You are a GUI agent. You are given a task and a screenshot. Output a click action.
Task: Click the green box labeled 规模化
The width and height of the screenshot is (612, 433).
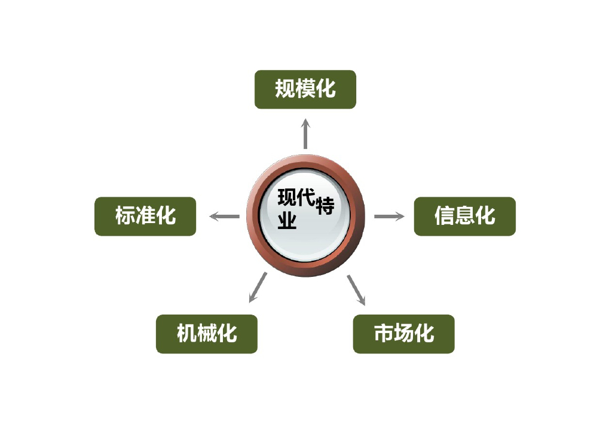tap(305, 90)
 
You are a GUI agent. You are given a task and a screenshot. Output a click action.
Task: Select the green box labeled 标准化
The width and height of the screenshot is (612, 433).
tap(145, 216)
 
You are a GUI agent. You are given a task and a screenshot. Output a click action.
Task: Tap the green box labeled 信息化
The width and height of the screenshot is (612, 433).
tap(464, 216)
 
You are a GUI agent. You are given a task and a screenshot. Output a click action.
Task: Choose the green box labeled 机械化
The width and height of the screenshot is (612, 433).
tap(207, 334)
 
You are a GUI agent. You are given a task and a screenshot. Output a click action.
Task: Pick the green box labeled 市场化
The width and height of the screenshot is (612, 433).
tap(403, 334)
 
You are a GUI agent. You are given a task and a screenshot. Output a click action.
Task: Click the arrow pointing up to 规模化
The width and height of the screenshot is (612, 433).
tap(305, 133)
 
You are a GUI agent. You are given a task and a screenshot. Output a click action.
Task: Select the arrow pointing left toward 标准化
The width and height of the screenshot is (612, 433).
tap(224, 216)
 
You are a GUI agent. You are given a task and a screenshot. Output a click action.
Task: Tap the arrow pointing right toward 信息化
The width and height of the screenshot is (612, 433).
tap(389, 216)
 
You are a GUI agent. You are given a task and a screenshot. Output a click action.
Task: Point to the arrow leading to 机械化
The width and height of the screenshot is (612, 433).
tap(258, 288)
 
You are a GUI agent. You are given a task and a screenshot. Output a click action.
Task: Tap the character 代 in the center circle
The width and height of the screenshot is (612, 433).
tap(306, 198)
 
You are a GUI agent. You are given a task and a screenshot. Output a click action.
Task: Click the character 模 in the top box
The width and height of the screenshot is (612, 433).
tap(305, 90)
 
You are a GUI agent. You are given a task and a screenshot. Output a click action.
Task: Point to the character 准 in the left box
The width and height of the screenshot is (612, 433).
tap(145, 216)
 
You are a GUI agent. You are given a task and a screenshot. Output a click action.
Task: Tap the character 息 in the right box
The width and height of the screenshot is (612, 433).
tap(464, 216)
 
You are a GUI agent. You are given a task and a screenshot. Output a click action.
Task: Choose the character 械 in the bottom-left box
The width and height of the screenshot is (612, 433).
tap(207, 334)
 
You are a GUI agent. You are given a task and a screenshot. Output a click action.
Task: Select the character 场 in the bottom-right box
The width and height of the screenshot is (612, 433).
tap(403, 334)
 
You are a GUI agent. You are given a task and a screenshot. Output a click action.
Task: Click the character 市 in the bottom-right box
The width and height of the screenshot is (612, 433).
tap(384, 334)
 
